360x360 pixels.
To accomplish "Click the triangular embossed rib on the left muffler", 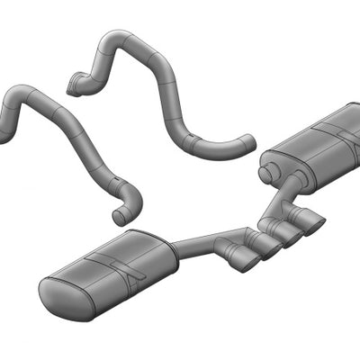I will [126, 270].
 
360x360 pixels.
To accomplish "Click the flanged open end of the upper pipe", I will [74, 88].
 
